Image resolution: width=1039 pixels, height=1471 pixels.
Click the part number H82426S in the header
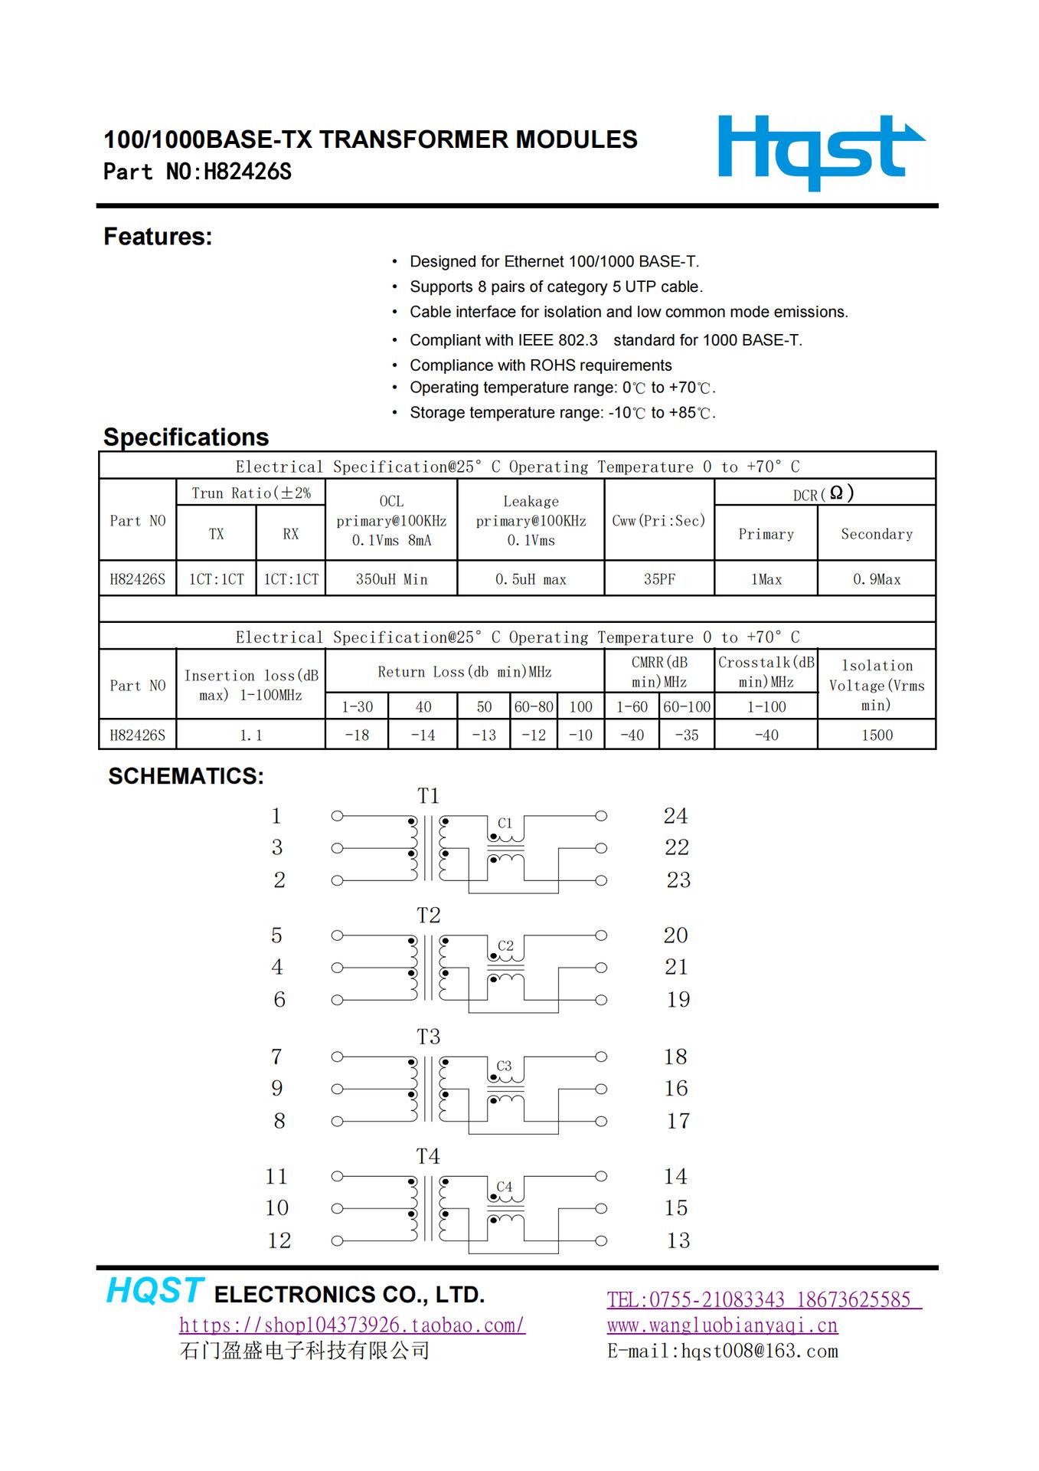[247, 172]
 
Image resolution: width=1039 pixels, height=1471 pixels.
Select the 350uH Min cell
[391, 579]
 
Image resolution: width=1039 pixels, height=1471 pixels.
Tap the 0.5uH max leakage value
[531, 579]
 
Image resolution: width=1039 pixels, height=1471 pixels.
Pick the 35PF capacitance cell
[659, 579]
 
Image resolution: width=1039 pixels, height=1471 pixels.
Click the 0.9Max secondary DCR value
[877, 579]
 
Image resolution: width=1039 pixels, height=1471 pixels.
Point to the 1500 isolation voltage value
[877, 735]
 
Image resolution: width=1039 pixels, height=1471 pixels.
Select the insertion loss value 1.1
[251, 735]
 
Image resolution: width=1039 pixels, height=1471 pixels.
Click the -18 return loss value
[357, 735]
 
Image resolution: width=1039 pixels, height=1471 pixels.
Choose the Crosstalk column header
[766, 671]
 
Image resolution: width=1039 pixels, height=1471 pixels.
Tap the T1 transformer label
[428, 796]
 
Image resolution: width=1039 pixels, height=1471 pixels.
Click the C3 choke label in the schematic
[504, 1066]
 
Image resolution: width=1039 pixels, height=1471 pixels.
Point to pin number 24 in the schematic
[675, 816]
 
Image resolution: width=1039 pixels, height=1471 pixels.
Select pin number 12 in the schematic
[279, 1240]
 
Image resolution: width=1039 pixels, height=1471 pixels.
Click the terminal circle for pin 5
[337, 935]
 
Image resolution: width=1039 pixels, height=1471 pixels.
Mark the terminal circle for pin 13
[601, 1241]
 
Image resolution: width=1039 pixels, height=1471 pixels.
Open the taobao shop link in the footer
[352, 1325]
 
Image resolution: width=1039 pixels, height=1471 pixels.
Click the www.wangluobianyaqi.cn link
[722, 1325]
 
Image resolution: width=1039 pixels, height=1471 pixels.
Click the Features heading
[158, 237]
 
